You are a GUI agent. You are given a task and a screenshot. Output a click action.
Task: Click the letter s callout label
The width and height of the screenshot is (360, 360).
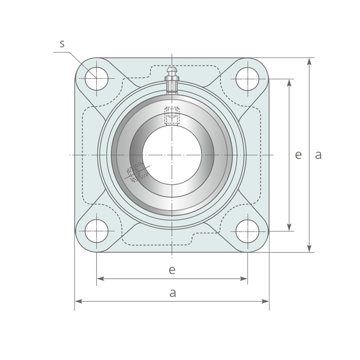tap(62, 44)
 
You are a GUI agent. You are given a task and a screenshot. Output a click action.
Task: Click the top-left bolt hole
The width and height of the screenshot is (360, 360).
tap(97, 79)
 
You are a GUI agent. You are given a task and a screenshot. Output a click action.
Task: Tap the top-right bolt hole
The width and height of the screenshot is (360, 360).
tap(247, 79)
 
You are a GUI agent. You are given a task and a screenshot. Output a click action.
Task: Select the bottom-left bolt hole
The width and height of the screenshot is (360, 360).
tap(97, 231)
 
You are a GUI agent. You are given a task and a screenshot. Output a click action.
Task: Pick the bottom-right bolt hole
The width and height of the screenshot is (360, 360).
tap(247, 231)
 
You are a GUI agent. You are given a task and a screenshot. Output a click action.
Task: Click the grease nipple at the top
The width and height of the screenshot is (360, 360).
tap(172, 80)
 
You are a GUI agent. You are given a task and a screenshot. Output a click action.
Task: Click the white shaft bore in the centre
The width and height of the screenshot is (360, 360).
tap(172, 155)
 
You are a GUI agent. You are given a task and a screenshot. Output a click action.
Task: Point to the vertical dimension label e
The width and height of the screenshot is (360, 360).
tap(298, 155)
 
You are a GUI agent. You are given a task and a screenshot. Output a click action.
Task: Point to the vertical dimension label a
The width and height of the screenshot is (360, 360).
tap(318, 155)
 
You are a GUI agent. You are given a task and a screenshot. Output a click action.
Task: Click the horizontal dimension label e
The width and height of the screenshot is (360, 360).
tap(172, 270)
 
